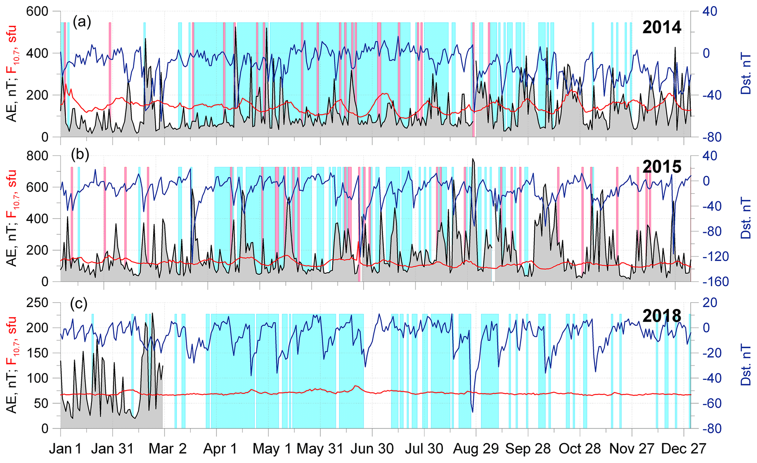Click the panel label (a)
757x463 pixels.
82,22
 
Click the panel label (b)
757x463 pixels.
80,155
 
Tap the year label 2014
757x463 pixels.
662,27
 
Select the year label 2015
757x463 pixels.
662,167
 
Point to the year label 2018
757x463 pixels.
662,315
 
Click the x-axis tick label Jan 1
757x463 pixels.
66,449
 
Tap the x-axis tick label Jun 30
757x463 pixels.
372,449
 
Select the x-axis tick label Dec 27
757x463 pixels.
683,449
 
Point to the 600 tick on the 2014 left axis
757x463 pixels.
38,12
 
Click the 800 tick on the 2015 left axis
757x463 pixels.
38,156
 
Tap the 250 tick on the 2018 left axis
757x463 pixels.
38,303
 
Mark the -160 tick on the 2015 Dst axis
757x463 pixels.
713,282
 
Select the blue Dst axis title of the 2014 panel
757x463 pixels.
746,74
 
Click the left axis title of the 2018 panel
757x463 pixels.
12,365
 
